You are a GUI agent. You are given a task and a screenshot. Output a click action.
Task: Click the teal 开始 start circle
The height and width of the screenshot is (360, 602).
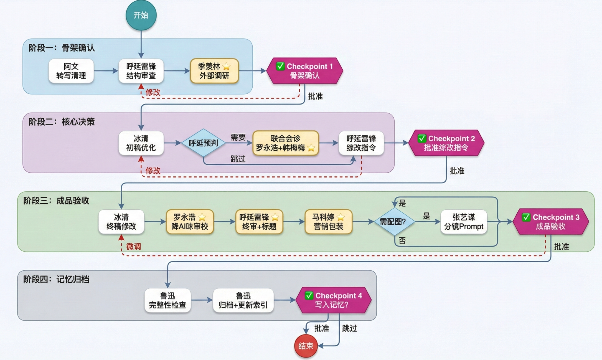[141, 15]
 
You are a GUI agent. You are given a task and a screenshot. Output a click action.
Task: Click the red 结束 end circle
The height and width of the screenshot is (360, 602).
[306, 346]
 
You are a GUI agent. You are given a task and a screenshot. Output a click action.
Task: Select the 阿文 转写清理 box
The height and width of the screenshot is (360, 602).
[71, 71]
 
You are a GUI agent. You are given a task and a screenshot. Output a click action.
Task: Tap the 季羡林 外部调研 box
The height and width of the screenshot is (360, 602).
[214, 71]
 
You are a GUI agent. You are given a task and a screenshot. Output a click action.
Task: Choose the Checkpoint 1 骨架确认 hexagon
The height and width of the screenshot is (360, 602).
[304, 71]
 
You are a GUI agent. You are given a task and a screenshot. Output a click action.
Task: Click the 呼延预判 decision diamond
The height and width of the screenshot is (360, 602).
[203, 143]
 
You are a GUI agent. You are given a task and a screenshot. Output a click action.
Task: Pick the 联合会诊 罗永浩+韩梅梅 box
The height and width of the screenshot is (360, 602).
[285, 143]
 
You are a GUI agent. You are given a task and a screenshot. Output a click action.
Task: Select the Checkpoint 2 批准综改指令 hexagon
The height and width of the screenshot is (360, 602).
[446, 143]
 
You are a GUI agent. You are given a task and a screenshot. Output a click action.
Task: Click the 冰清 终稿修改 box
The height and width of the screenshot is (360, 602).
[121, 222]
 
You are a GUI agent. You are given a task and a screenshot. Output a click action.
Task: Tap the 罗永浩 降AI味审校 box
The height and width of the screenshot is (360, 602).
[190, 222]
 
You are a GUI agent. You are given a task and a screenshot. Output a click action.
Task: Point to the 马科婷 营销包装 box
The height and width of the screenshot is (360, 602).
[328, 222]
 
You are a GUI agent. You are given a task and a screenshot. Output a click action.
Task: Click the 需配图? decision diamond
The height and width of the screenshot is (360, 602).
[394, 222]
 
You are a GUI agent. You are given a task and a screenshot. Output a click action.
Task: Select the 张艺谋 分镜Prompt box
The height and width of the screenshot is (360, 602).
[464, 222]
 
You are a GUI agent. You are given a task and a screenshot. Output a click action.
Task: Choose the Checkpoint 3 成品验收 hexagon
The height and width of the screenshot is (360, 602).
[550, 222]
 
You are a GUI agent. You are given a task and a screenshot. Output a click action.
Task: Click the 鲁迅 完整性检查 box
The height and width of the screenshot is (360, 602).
[167, 300]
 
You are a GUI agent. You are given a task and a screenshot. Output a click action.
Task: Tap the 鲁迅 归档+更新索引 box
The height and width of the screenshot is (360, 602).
[243, 300]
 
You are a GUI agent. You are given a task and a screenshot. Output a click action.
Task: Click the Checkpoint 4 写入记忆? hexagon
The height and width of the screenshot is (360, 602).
[333, 300]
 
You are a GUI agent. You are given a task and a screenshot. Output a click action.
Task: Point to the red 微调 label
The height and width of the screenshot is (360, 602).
[133, 246]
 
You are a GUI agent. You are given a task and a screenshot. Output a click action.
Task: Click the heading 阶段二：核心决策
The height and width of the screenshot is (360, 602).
[62, 122]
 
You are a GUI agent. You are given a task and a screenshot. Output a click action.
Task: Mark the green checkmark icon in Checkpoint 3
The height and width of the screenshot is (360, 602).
[526, 217]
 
